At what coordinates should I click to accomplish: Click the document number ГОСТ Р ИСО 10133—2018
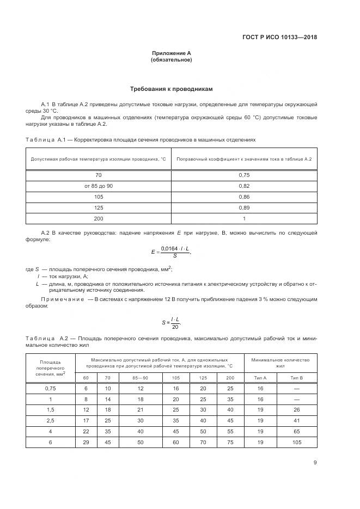point(279,38)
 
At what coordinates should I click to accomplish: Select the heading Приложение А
point(171,53)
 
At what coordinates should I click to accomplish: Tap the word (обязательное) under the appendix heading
point(171,60)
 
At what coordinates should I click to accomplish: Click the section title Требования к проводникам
point(171,88)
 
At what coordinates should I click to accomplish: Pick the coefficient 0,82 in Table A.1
point(244,186)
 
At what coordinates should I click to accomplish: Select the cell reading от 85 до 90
point(99,186)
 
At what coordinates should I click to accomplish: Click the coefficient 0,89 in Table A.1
point(244,207)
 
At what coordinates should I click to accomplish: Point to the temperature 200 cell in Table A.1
point(99,218)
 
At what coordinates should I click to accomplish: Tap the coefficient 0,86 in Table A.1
point(244,197)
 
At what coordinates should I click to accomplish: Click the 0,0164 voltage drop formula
point(170,252)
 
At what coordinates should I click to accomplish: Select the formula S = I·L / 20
point(171,322)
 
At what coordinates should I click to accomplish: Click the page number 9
point(315,463)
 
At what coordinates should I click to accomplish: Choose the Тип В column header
point(296,377)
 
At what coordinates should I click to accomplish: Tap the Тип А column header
point(260,377)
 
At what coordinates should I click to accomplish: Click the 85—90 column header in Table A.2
point(140,377)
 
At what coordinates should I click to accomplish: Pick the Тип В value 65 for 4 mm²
point(296,432)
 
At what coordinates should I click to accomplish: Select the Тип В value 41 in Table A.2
point(296,421)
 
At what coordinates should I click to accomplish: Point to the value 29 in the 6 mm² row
point(86,443)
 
